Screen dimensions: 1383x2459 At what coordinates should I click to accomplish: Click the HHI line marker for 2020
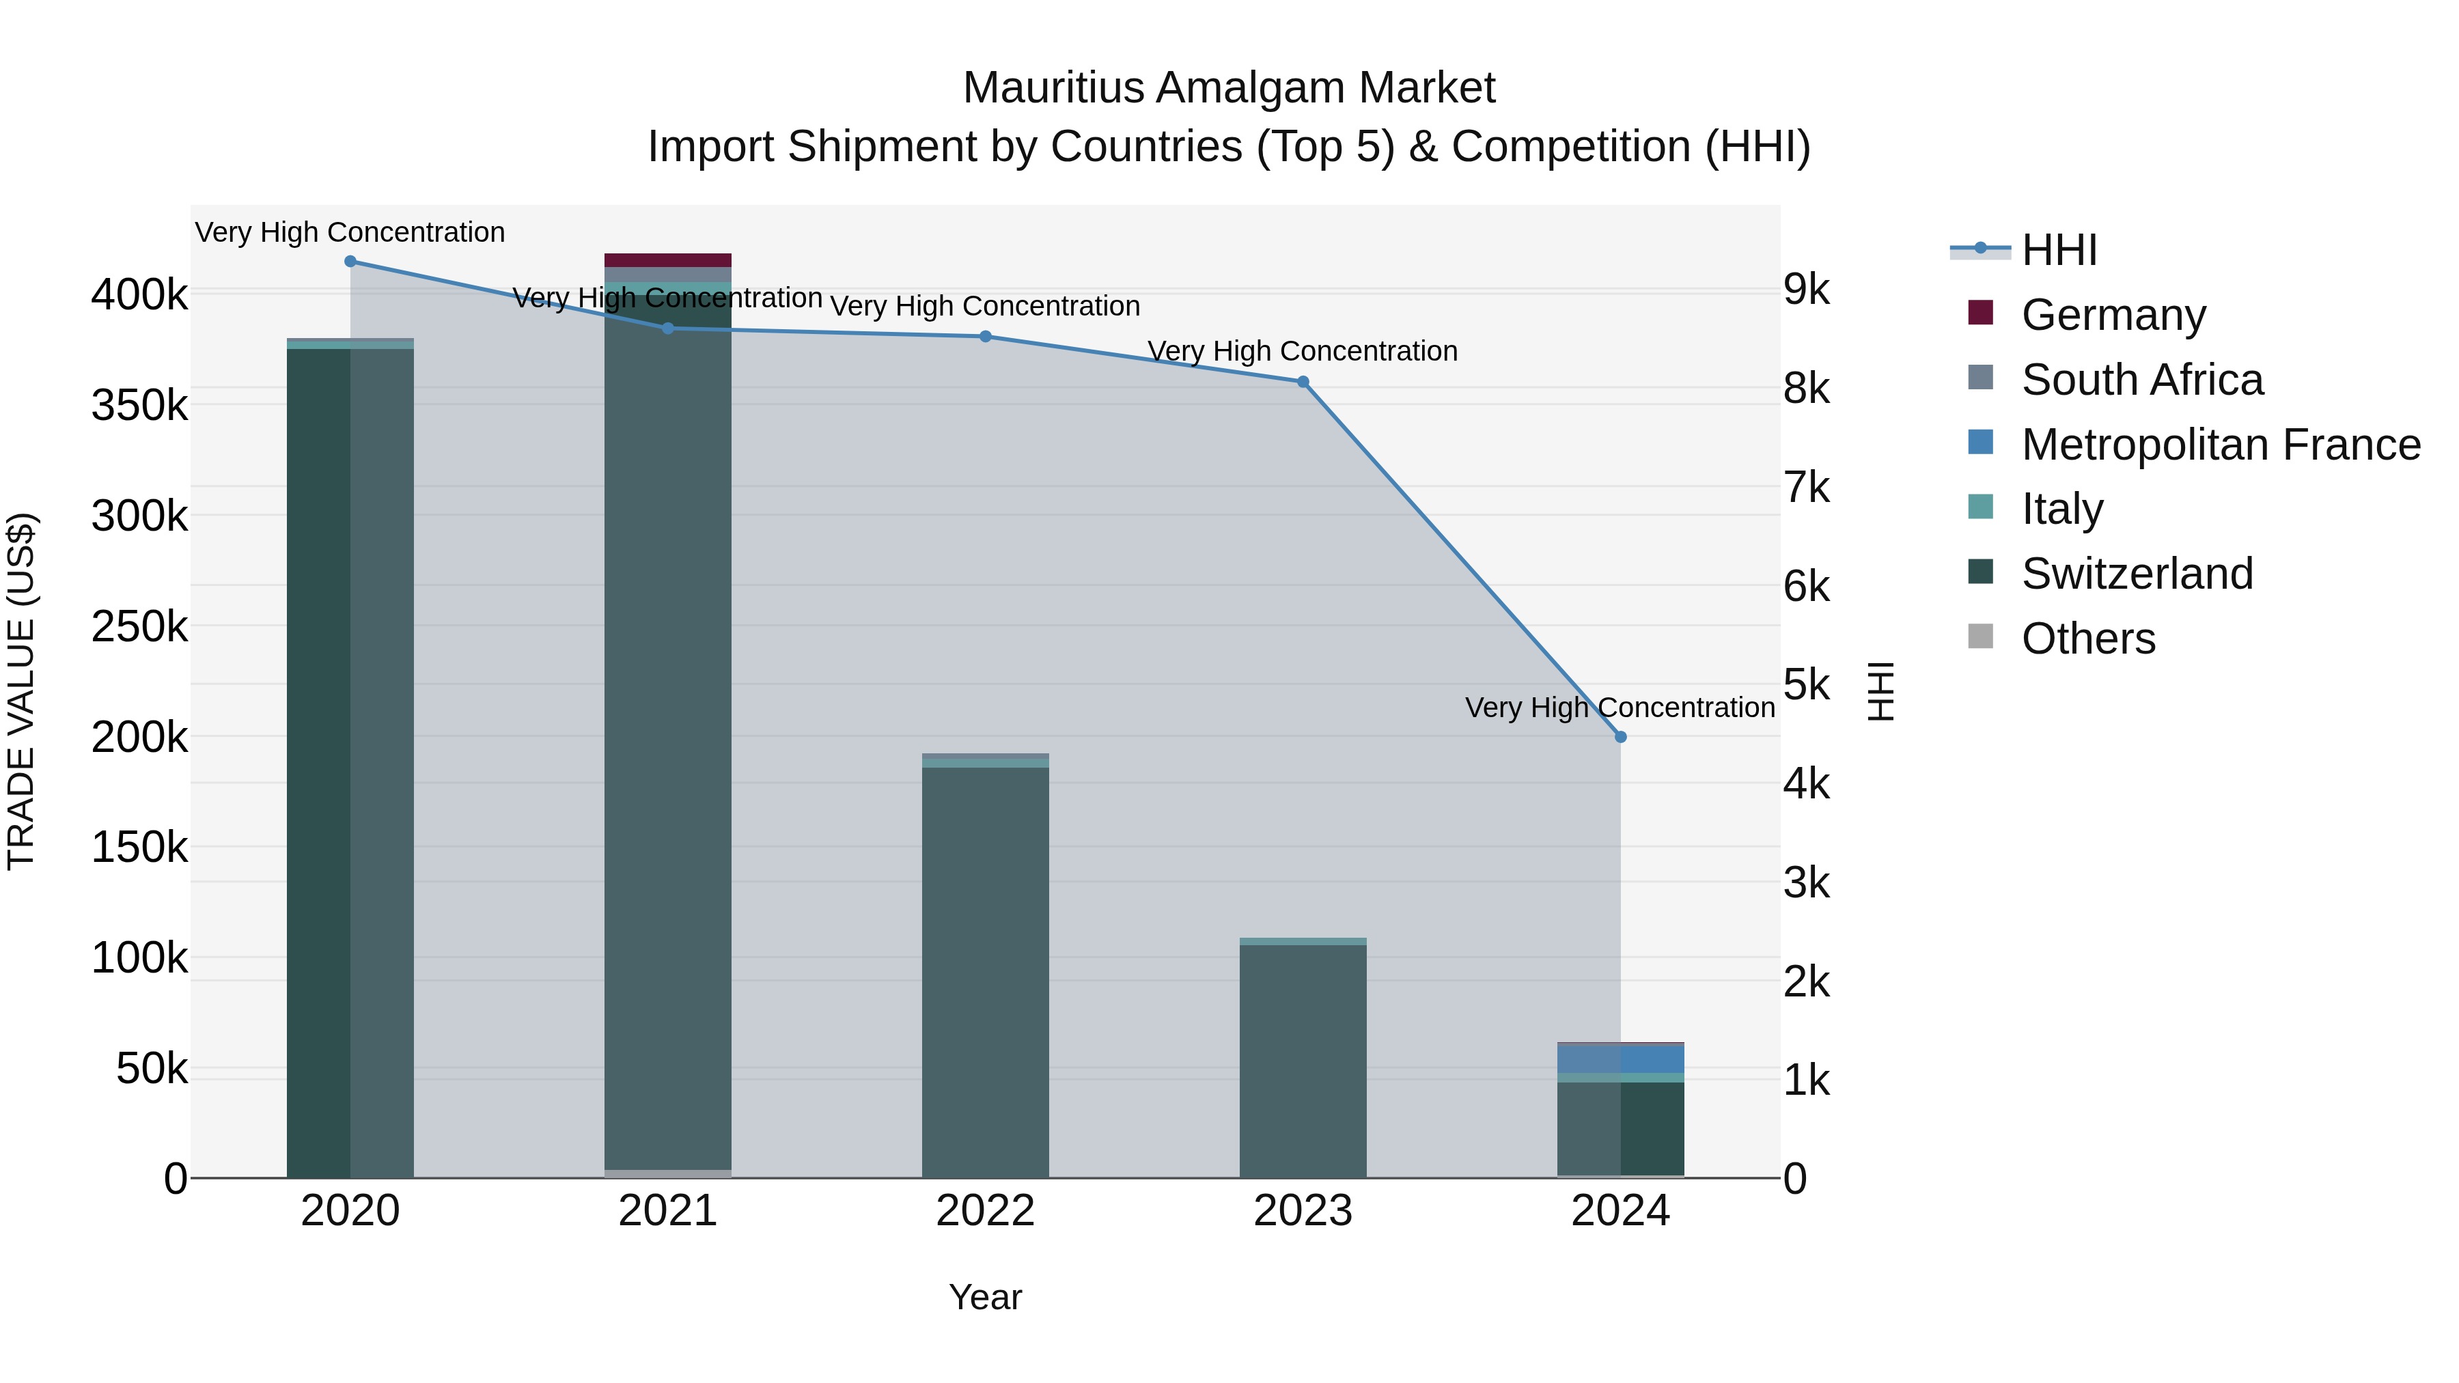point(350,262)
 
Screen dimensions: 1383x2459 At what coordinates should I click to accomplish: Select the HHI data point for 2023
point(1303,382)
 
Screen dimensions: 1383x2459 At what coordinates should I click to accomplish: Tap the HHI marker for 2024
point(1621,737)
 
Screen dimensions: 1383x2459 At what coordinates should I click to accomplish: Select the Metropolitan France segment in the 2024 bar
point(1621,1059)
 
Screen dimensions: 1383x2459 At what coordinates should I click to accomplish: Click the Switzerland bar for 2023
point(1303,1059)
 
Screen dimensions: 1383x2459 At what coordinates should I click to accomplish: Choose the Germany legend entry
point(2113,315)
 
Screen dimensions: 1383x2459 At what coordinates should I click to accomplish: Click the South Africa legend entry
point(2141,380)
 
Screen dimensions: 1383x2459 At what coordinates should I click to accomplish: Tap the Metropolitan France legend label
point(2221,445)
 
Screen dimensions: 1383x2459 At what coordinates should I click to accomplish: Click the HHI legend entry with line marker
point(2058,250)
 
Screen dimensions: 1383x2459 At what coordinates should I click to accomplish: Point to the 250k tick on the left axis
point(139,627)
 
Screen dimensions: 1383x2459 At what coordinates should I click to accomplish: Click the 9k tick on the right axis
point(1807,290)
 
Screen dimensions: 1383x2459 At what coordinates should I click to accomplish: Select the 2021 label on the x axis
point(668,1211)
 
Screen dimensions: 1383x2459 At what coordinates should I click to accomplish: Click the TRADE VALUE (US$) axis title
point(21,691)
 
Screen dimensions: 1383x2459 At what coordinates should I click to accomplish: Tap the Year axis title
point(985,1297)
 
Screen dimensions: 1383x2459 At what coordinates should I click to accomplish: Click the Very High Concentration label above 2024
point(1620,708)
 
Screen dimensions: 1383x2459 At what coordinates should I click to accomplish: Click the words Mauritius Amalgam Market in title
point(1229,88)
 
